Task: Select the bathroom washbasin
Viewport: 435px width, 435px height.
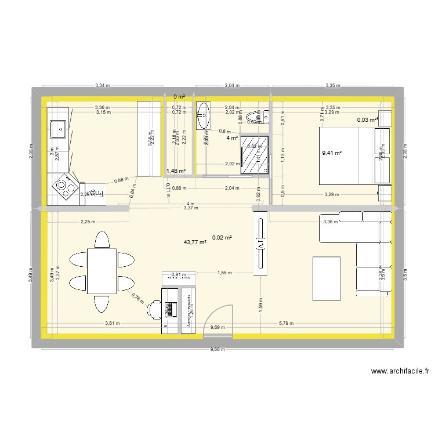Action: point(204,115)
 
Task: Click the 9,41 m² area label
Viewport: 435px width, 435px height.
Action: point(331,154)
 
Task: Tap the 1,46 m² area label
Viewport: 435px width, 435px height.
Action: point(175,171)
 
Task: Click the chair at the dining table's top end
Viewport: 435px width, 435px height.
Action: point(102,238)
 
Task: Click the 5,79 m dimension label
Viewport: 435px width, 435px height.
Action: point(287,324)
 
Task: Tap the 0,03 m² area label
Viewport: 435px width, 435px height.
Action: point(368,120)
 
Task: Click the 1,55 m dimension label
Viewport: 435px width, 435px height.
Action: point(225,272)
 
